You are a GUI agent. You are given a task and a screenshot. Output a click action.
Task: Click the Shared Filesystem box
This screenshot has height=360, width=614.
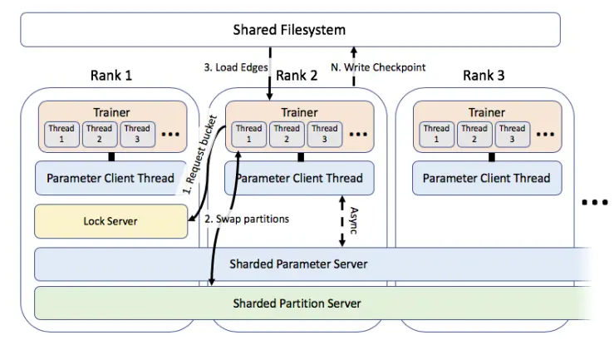(x=290, y=31)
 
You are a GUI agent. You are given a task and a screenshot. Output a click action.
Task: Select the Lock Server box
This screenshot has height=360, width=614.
(x=111, y=220)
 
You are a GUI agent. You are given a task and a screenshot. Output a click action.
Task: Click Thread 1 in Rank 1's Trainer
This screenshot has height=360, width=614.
(x=61, y=134)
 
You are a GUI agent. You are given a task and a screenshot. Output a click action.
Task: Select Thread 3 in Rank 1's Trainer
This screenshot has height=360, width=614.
(x=137, y=134)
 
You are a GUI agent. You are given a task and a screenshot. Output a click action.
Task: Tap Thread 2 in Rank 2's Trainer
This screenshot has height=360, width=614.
(x=287, y=134)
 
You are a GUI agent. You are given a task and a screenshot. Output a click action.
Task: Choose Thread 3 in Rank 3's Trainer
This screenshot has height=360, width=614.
(x=512, y=134)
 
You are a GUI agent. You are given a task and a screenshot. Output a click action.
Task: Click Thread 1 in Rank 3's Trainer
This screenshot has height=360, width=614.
(x=436, y=134)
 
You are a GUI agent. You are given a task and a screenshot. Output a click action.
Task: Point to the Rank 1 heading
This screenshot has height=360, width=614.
(x=111, y=76)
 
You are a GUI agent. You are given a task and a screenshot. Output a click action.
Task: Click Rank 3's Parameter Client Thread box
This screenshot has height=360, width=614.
(x=486, y=178)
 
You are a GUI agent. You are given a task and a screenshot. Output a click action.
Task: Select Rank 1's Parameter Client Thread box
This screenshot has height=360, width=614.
(x=111, y=178)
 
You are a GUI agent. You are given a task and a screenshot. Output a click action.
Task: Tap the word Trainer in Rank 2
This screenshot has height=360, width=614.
(x=299, y=113)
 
